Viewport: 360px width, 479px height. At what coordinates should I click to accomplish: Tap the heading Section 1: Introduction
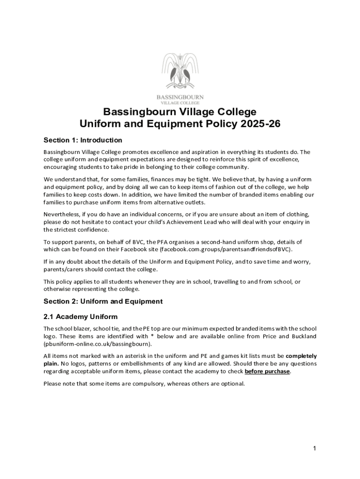click(x=83, y=140)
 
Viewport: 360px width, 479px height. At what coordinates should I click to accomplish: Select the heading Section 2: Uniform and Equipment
click(x=103, y=301)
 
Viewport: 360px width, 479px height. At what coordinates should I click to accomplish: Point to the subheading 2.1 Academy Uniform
click(x=80, y=317)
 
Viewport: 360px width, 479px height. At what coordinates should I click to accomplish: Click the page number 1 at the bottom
click(x=315, y=449)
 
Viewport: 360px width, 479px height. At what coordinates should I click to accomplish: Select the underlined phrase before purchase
click(x=267, y=371)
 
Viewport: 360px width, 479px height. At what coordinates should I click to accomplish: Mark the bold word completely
click(x=301, y=356)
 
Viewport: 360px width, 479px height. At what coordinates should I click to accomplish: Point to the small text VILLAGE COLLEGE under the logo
click(x=180, y=102)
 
